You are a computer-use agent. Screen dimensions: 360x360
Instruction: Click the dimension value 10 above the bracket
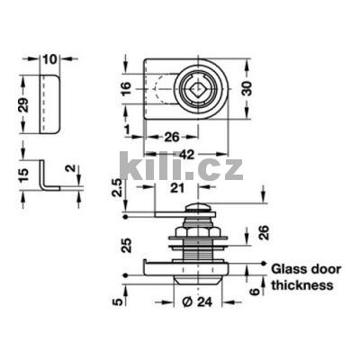(x=49, y=59)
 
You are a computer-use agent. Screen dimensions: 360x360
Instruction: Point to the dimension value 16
(x=127, y=88)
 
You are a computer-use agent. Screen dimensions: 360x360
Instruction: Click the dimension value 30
(x=247, y=88)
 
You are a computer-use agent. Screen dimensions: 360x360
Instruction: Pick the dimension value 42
(x=187, y=155)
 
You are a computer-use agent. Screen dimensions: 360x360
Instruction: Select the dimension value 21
(x=178, y=188)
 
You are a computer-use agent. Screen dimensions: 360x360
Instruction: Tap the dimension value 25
(x=127, y=246)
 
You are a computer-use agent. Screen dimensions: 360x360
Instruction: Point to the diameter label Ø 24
(x=197, y=301)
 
